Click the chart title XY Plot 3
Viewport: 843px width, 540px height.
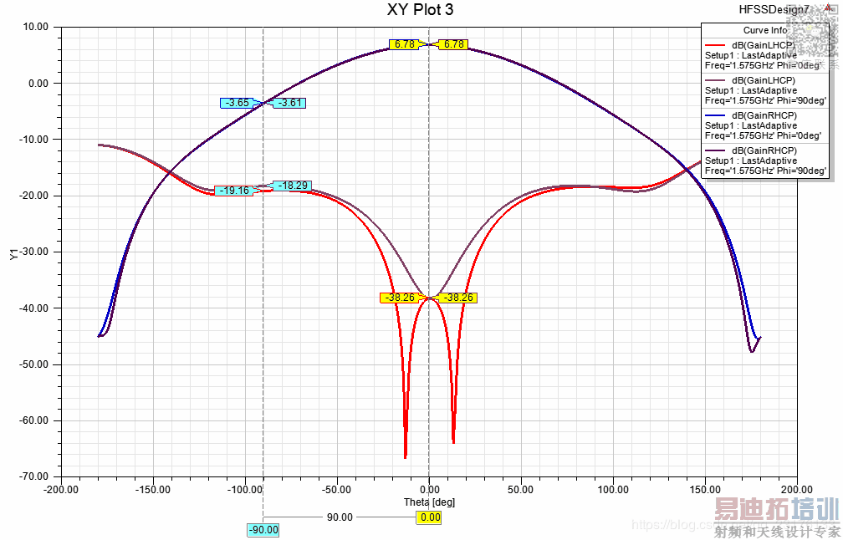pos(421,10)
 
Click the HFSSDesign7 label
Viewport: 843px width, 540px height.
pos(774,9)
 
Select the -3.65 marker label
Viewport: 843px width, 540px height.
pos(236,103)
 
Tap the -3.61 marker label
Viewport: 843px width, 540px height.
pos(289,103)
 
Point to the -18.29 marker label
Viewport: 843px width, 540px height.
pos(292,186)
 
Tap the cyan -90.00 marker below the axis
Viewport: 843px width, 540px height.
pos(263,530)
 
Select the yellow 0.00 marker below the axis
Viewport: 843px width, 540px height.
pos(430,517)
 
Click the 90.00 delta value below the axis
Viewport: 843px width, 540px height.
pos(339,517)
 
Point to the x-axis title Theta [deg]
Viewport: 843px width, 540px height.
pos(429,502)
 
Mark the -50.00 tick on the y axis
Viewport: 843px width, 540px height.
pos(37,364)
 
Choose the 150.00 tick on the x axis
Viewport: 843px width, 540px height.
pos(704,489)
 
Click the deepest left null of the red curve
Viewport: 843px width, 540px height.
pos(406,456)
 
